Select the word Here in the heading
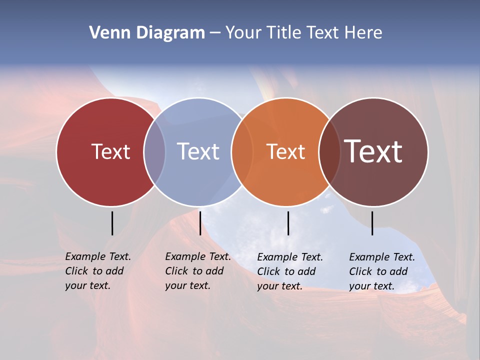pos(364,33)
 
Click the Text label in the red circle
pos(110,151)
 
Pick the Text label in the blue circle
pos(198,151)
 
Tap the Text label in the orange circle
pos(285,151)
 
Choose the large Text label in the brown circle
pos(373,151)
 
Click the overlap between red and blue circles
pos(154,151)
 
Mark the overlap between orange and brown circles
pos(329,151)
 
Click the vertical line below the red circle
pos(112,223)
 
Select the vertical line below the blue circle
pos(200,223)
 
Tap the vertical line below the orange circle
pos(288,223)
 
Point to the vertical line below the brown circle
pos(372,223)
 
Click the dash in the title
pos(215,33)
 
